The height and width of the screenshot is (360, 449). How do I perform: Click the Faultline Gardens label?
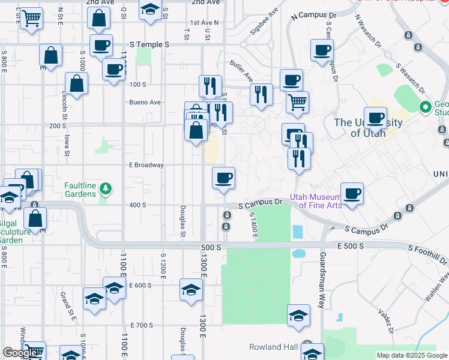[x=80, y=190]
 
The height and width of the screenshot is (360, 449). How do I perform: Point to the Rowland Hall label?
[x=273, y=347]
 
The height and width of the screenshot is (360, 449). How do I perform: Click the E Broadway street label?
[x=146, y=165]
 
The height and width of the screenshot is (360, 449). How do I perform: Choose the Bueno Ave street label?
[x=145, y=103]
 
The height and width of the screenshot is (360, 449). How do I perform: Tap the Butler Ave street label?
[x=241, y=70]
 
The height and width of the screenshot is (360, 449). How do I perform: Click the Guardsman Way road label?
[x=322, y=280]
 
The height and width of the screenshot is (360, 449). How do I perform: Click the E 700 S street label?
[x=142, y=325]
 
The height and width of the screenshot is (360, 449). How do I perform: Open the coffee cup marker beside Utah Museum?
[x=352, y=194]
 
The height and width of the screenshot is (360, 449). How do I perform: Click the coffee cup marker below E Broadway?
[x=223, y=178]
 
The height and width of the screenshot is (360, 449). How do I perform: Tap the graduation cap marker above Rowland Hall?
[x=298, y=316]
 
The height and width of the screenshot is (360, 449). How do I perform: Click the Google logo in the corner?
[x=20, y=353]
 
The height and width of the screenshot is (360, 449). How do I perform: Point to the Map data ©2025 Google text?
[x=411, y=355]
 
